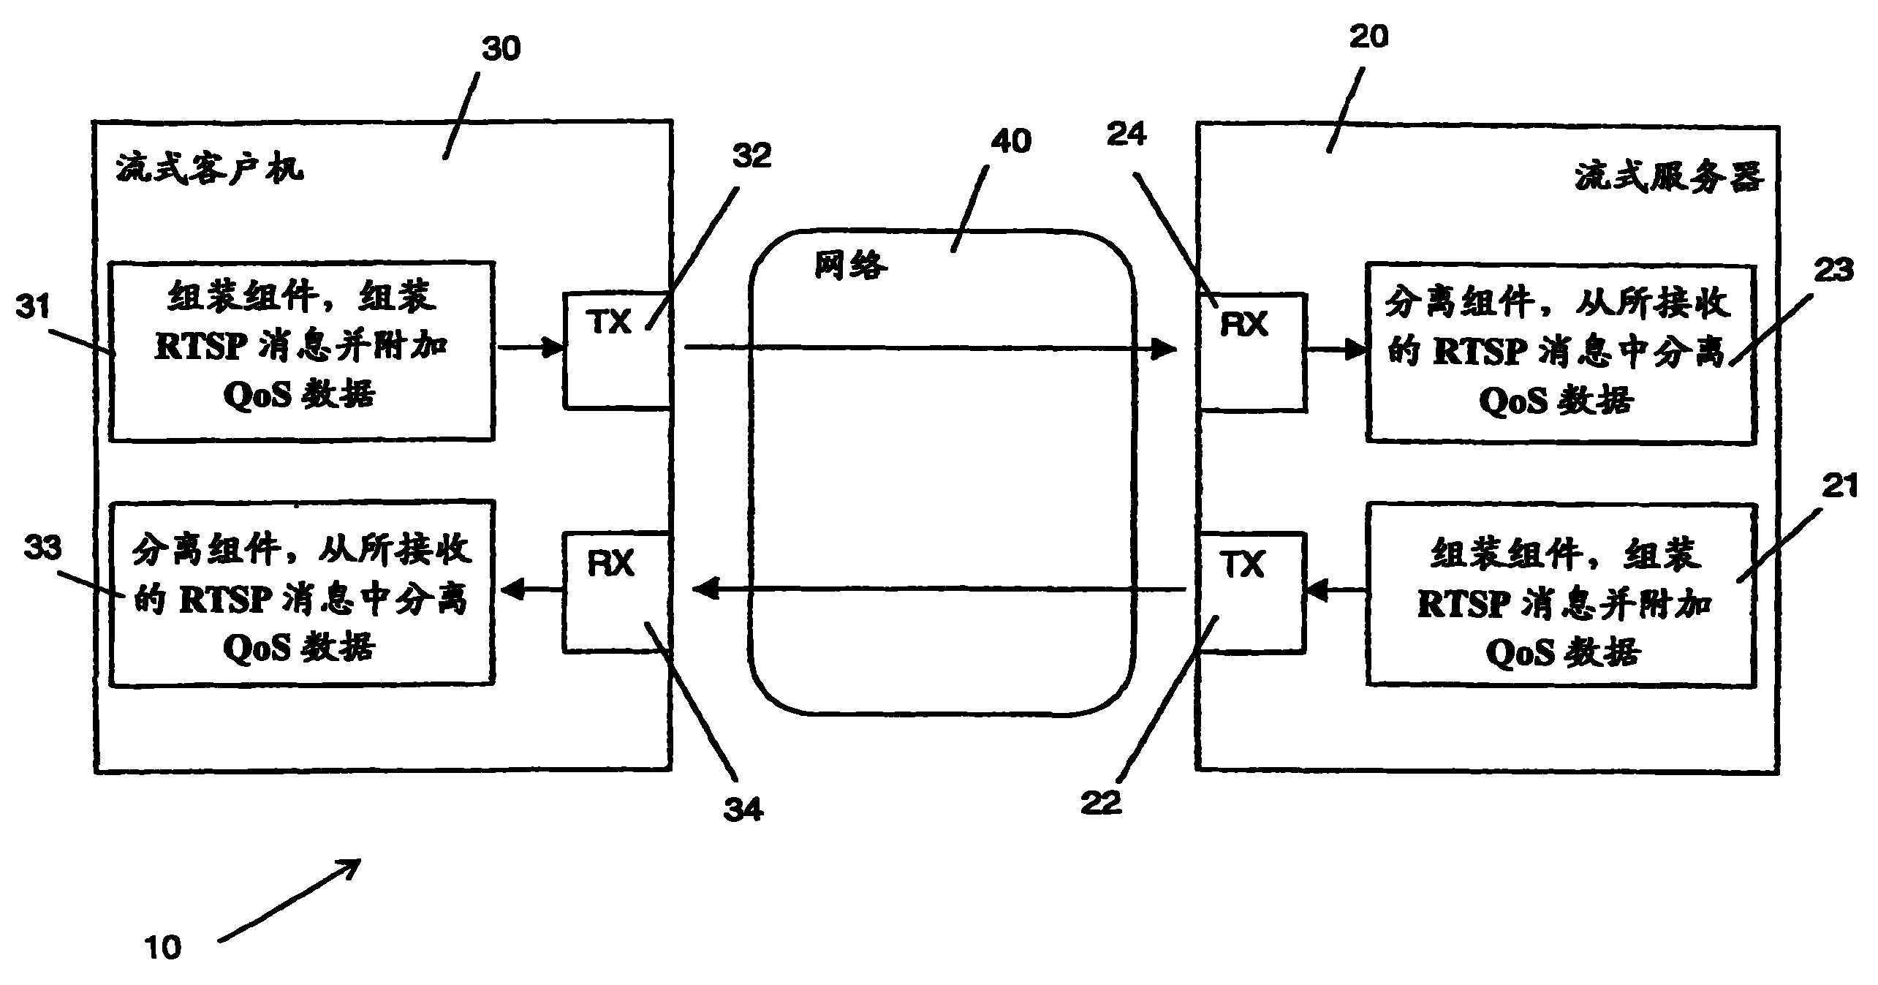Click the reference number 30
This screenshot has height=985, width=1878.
(x=501, y=49)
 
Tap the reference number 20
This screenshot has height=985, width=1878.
(x=1368, y=36)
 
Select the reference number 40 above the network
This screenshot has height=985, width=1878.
(x=1011, y=140)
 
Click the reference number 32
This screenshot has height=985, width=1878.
(x=752, y=156)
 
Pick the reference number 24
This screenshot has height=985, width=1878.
(x=1127, y=134)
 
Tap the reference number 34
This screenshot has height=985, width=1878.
(x=743, y=809)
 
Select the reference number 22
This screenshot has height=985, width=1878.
(x=1101, y=803)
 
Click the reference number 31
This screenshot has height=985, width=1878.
(x=33, y=306)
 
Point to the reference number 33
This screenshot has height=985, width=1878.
(x=43, y=547)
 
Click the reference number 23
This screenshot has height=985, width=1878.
(x=1834, y=270)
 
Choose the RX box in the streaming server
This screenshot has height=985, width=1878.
(x=1252, y=352)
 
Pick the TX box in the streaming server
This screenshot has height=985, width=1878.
(x=1250, y=593)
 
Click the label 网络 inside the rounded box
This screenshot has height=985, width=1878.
(x=851, y=265)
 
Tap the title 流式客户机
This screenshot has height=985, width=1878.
(x=210, y=170)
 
